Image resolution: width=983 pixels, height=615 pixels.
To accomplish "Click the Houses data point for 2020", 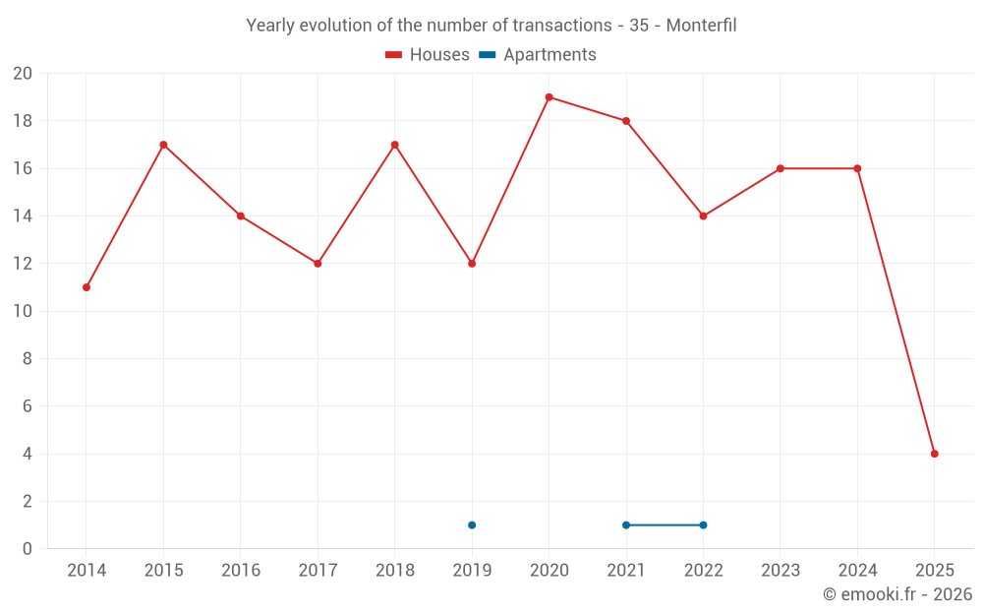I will point(549,97).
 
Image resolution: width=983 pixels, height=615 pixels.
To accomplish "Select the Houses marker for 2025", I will point(935,454).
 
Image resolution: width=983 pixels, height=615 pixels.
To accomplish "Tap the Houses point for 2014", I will point(87,287).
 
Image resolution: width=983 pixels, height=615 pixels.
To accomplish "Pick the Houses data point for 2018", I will point(395,145).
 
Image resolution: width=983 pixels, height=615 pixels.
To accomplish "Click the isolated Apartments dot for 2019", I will point(472,524).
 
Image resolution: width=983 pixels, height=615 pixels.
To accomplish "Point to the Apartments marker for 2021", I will point(626,524).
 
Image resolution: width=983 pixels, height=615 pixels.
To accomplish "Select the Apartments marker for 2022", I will point(703,524).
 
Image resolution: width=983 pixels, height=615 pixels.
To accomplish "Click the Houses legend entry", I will point(428,55).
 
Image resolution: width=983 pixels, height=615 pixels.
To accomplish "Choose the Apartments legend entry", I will point(538,55).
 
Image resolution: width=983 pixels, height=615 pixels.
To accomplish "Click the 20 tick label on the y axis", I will point(23,74).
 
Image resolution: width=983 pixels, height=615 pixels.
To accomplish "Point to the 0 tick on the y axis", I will point(28,549).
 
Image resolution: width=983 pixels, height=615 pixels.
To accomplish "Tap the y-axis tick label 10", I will point(23,311).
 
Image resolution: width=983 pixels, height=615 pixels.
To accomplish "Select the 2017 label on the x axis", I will point(318,571).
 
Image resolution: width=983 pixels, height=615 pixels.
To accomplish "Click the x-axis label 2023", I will point(781,571).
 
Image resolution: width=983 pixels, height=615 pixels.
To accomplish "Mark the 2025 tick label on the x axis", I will point(935,571).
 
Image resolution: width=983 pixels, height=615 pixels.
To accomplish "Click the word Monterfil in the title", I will point(701,26).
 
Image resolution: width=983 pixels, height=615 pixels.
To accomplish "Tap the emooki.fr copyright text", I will point(897,594).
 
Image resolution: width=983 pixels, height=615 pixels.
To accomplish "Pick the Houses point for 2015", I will point(163,145).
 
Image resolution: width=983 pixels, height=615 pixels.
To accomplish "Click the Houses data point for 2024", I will point(857,168).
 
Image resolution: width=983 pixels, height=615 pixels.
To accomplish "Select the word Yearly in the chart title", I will point(270,26).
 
